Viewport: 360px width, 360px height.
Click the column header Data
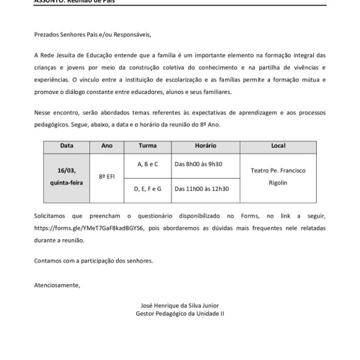[66, 146]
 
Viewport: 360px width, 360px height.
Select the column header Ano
[107, 146]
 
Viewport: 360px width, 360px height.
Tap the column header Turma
[148, 146]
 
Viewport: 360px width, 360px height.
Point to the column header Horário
[206, 146]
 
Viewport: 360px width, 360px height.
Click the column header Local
[278, 146]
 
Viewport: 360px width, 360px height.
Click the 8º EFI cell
[107, 176]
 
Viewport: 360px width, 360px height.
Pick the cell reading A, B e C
[148, 164]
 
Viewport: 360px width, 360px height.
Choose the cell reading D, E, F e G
[148, 189]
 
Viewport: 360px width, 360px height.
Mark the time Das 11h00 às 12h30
[202, 189]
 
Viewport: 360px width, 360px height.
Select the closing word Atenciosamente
[57, 284]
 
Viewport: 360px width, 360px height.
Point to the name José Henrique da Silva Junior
[180, 305]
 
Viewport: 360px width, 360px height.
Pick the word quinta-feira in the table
[66, 183]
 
